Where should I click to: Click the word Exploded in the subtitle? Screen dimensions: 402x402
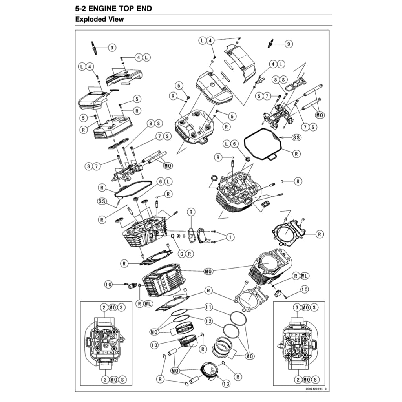[89, 19]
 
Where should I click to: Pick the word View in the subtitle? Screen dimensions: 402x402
[115, 19]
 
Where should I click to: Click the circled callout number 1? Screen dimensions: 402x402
[230, 237]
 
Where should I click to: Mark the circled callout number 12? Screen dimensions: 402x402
[208, 321]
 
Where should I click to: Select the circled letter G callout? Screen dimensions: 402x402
[181, 254]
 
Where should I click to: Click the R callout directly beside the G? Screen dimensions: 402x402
[190, 254]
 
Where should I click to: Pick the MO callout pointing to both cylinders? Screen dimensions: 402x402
[208, 271]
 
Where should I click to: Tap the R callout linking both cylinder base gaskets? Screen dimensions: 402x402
[208, 291]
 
